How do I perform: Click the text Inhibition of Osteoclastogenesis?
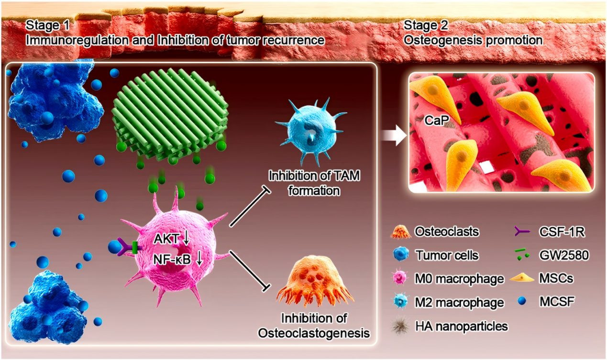(314, 326)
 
